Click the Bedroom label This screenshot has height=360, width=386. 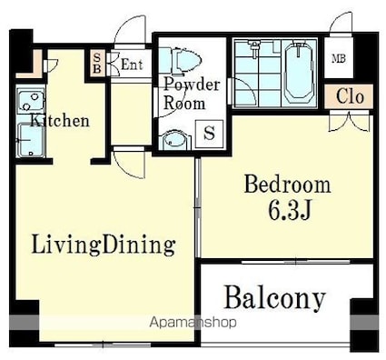pyautogui.click(x=287, y=185)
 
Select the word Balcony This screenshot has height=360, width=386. pyautogui.click(x=275, y=298)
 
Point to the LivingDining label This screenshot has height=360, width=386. pyautogui.click(x=104, y=245)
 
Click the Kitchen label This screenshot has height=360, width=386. pyautogui.click(x=60, y=121)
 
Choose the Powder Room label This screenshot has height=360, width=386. pyautogui.click(x=192, y=94)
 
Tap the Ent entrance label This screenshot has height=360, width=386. pyautogui.click(x=132, y=65)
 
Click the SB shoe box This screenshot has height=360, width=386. pyautogui.click(x=97, y=63)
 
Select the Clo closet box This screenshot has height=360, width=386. pyautogui.click(x=349, y=96)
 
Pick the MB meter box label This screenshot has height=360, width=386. pyautogui.click(x=339, y=58)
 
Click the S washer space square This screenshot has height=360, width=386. pyautogui.click(x=209, y=134)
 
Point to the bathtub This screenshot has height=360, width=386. pyautogui.click(x=299, y=73)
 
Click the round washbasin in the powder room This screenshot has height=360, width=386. pyautogui.click(x=173, y=140)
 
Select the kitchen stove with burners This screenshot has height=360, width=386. pyautogui.click(x=31, y=101)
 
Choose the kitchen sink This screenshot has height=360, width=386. pyautogui.click(x=31, y=140)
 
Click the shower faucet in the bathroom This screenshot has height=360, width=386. pyautogui.click(x=255, y=48)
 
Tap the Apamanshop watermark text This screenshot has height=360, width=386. pyautogui.click(x=193, y=322)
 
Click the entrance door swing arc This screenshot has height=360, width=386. pyautogui.click(x=129, y=26)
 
